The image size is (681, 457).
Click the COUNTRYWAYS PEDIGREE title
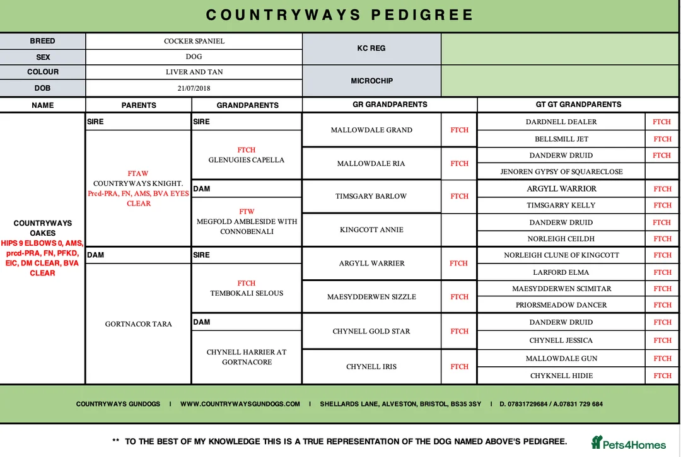tap(340, 14)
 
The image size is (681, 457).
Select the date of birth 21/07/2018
tap(194, 88)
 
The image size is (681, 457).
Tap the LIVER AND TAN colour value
tap(194, 72)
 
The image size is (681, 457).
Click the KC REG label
tap(371, 48)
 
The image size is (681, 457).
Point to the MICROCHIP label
tap(371, 81)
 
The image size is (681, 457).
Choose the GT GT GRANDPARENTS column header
tap(578, 105)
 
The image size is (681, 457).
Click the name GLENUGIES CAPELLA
tap(247, 160)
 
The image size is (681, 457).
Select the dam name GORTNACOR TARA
tap(138, 324)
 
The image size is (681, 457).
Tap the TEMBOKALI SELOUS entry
tap(247, 293)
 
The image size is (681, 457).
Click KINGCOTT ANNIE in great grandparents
tap(371, 229)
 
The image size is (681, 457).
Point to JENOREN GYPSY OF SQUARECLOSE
tap(561, 171)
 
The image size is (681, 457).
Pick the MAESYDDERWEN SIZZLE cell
tap(371, 297)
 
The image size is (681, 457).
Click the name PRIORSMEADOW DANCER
tap(561, 305)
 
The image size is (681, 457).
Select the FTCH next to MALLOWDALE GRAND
tap(459, 130)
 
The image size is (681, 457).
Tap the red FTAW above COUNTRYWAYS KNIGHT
tap(138, 173)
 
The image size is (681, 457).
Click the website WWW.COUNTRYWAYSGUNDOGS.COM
tap(240, 404)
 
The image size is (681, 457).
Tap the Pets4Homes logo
tap(628, 443)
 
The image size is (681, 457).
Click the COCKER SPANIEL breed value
tap(194, 41)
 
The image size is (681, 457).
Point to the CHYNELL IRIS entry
tap(371, 366)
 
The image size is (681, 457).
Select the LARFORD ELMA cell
tap(561, 272)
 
